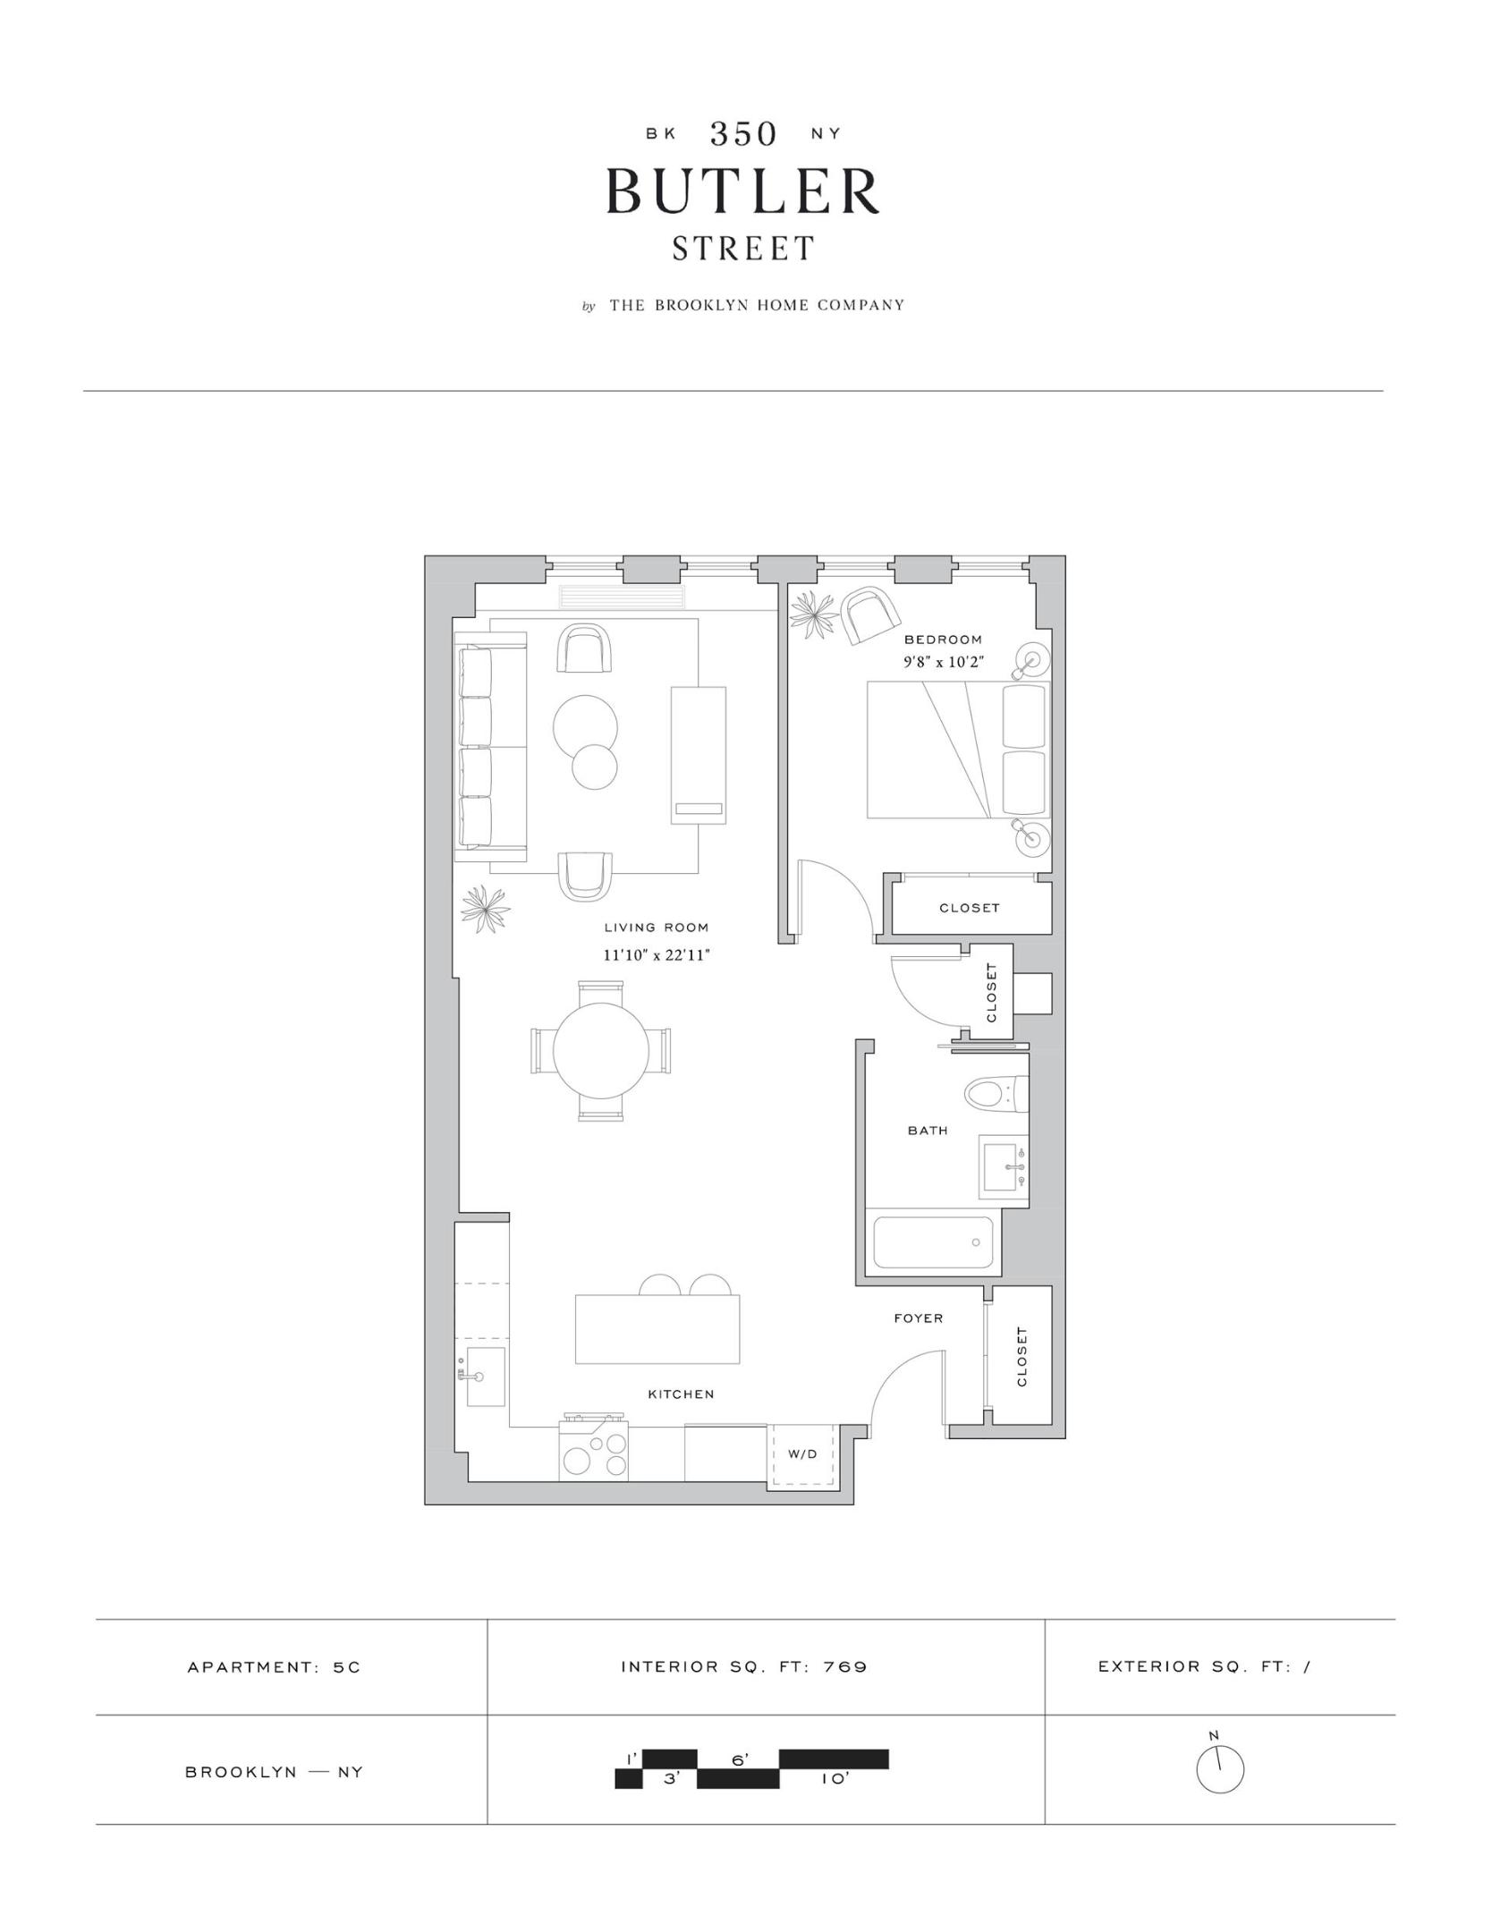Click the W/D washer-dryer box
click(802, 1454)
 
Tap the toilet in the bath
click(993, 1092)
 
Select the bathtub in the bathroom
click(933, 1242)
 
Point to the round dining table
click(601, 1051)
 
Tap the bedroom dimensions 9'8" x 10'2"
click(943, 663)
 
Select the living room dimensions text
click(656, 955)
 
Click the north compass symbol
click(1219, 1768)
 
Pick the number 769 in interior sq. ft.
click(845, 1667)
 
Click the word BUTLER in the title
click(743, 191)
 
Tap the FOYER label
click(918, 1318)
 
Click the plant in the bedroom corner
click(813, 615)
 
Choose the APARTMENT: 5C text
click(274, 1667)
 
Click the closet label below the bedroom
click(969, 908)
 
